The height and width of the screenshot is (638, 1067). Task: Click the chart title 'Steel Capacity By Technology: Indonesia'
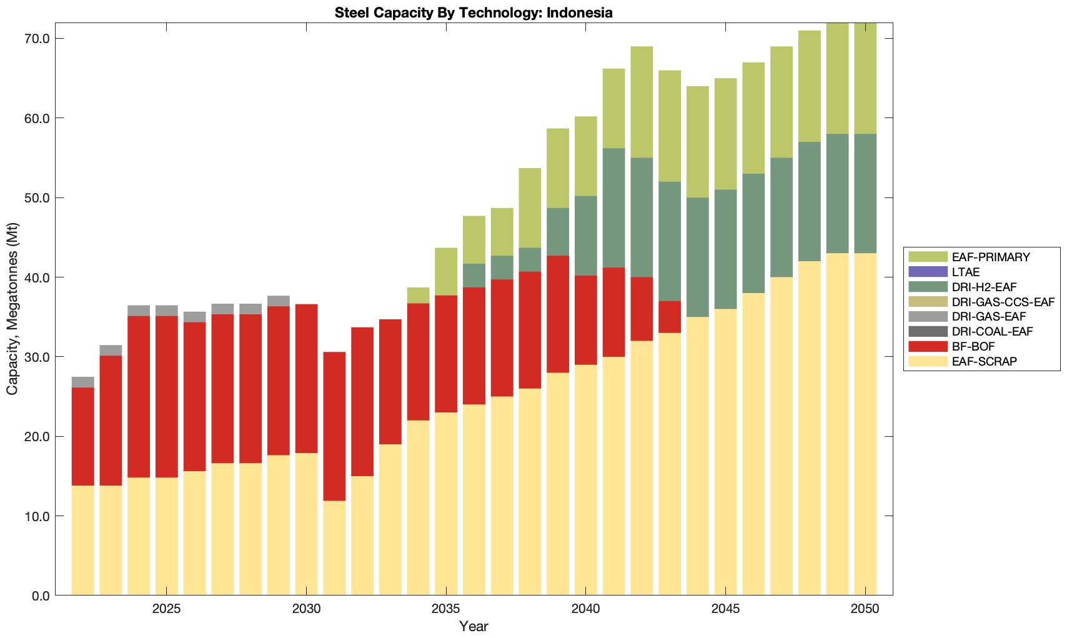pos(474,12)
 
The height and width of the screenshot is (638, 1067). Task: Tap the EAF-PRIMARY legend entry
pos(990,257)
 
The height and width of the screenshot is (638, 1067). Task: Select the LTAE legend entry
pos(966,272)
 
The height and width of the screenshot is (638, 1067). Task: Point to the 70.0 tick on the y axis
pos(37,39)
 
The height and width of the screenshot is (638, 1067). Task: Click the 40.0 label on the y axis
pos(37,277)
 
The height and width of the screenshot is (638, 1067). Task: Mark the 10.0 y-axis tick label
pos(37,516)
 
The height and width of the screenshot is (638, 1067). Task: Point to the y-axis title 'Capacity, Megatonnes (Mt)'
pos(12,309)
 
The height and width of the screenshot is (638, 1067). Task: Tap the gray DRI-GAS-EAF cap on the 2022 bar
pos(83,382)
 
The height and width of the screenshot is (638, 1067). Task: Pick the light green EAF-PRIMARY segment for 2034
pos(418,295)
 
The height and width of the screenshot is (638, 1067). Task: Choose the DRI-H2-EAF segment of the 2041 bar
pos(613,208)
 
